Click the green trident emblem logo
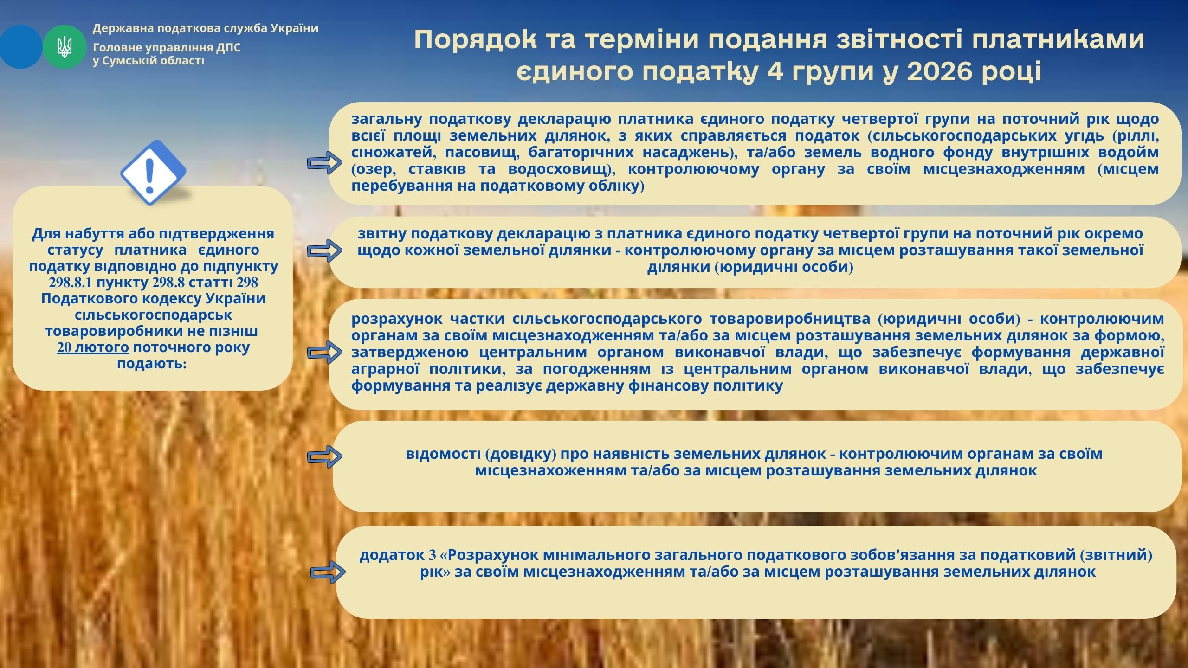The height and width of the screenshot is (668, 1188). pyautogui.click(x=65, y=47)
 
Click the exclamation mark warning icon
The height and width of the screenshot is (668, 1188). pyautogui.click(x=153, y=172)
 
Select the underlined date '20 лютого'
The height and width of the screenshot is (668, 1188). pyautogui.click(x=93, y=347)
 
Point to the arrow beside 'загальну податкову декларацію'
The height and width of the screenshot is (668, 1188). pyautogui.click(x=325, y=162)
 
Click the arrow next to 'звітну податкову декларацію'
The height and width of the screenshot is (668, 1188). pyautogui.click(x=325, y=251)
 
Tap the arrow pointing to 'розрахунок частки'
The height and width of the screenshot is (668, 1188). pyautogui.click(x=325, y=352)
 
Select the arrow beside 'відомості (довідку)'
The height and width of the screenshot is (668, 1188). pyautogui.click(x=325, y=456)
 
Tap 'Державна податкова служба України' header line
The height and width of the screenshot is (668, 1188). pyautogui.click(x=206, y=28)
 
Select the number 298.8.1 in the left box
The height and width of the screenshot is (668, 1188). pyautogui.click(x=70, y=283)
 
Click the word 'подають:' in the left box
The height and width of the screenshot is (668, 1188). pyautogui.click(x=152, y=364)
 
